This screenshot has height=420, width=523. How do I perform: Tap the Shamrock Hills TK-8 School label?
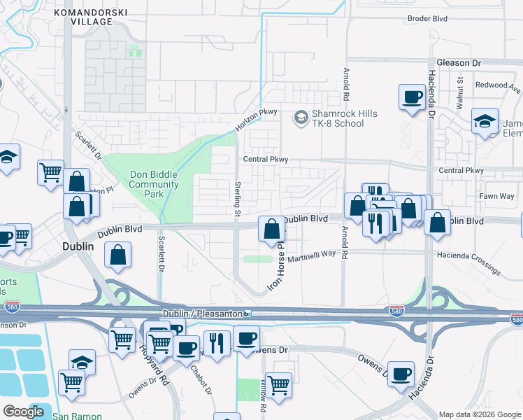point(338,118)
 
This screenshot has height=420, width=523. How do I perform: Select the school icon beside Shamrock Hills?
point(301,117)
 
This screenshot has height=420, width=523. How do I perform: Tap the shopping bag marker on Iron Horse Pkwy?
point(272,229)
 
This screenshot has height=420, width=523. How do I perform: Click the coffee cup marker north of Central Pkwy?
point(412,97)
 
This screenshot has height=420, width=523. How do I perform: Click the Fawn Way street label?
point(496,196)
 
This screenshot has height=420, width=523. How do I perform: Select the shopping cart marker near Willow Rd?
point(278,385)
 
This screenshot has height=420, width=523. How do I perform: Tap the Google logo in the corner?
point(24,412)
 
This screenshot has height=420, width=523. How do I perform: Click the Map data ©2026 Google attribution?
point(480,414)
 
